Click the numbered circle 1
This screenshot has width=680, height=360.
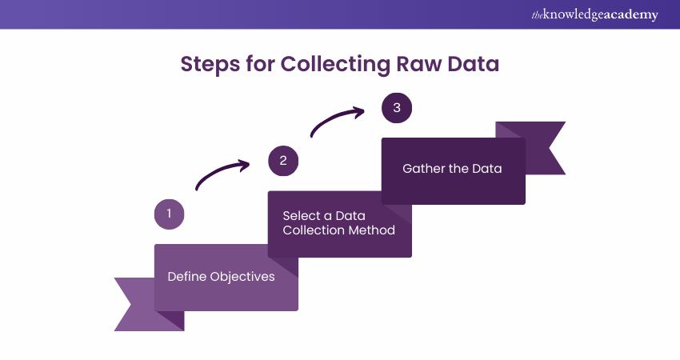(169, 214)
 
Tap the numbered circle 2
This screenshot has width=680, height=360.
(283, 161)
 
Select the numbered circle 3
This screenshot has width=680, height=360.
(397, 108)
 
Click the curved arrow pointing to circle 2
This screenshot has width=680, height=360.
(222, 174)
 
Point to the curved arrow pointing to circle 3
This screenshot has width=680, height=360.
(335, 122)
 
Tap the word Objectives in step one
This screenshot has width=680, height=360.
(242, 277)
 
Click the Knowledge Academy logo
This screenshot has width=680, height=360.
(594, 15)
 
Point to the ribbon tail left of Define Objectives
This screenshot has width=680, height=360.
(133, 304)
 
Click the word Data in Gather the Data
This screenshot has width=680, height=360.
(487, 169)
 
